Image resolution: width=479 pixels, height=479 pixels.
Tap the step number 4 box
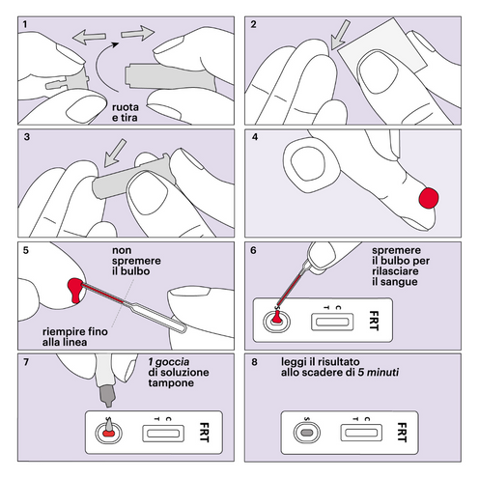[255, 136]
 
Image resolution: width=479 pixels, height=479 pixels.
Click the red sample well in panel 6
[277, 320]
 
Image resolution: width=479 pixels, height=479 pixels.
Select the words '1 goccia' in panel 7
[166, 362]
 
